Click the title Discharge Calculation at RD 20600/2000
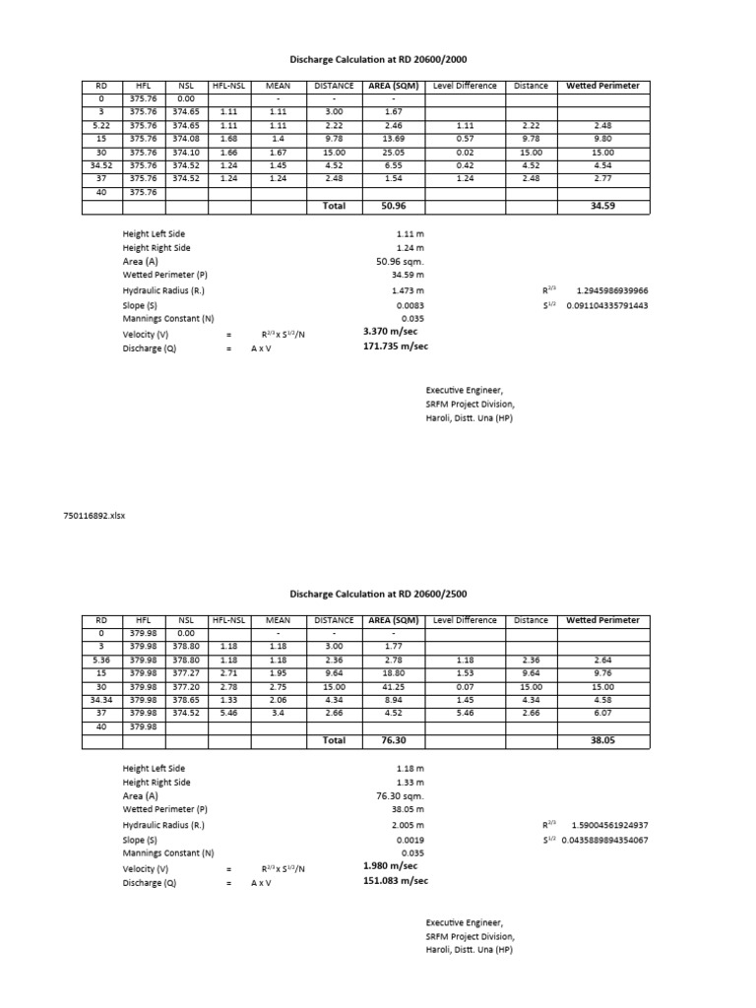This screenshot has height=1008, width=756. (378, 59)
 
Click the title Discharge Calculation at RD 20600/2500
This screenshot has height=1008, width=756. (378, 594)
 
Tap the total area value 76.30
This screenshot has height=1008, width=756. (393, 741)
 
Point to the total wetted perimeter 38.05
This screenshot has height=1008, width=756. (602, 741)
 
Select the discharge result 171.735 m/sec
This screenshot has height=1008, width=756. (396, 346)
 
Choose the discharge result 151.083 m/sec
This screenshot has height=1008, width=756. (396, 881)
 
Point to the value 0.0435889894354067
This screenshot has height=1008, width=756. (607, 840)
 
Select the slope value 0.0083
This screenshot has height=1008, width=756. (409, 305)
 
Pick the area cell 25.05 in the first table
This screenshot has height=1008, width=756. (393, 153)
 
